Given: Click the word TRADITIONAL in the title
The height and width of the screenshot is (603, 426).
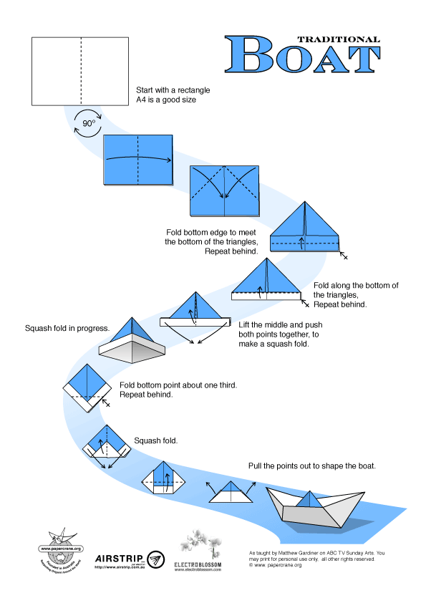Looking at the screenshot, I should [338, 39].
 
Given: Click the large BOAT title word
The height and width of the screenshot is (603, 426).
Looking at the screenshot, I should [301, 55].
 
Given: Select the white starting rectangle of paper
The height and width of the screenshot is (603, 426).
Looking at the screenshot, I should [81, 70].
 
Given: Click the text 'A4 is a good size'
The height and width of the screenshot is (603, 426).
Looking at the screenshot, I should [166, 100].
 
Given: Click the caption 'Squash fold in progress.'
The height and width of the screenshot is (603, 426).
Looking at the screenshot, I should [67, 329].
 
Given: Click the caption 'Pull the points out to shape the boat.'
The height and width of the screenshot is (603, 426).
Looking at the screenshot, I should [312, 465].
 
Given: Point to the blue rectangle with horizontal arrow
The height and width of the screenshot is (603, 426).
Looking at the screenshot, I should [138, 159].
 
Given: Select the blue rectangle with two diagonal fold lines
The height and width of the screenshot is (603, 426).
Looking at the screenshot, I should [225, 190].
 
